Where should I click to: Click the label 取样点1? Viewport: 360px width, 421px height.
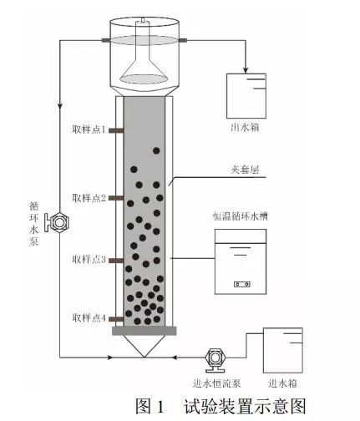click(x=89, y=129)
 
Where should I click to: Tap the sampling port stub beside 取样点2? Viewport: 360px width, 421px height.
click(x=116, y=198)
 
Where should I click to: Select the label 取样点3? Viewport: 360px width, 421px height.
click(x=89, y=260)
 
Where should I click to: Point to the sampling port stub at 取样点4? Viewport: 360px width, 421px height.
click(x=116, y=319)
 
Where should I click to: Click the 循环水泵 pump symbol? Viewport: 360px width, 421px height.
click(x=58, y=222)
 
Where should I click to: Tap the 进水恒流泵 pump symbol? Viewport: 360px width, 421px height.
click(x=215, y=359)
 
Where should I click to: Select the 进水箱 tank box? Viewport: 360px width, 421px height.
click(x=282, y=350)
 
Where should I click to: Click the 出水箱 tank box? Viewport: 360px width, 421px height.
click(x=246, y=96)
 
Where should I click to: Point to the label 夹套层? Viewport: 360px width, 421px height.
click(x=245, y=170)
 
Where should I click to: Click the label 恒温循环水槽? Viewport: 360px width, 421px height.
click(x=241, y=216)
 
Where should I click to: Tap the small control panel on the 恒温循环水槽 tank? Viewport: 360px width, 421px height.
click(x=241, y=284)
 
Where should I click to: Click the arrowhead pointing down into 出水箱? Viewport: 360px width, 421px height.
click(x=246, y=69)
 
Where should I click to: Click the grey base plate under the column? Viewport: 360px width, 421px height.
click(x=145, y=331)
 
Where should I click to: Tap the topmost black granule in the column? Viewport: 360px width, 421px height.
click(x=156, y=150)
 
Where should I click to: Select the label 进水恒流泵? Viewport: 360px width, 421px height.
click(x=216, y=383)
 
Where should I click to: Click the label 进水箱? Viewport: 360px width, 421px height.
click(x=282, y=383)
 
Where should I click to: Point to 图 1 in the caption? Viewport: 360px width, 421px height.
click(x=150, y=406)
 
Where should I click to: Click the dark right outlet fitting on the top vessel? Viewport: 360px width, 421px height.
click(x=183, y=40)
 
